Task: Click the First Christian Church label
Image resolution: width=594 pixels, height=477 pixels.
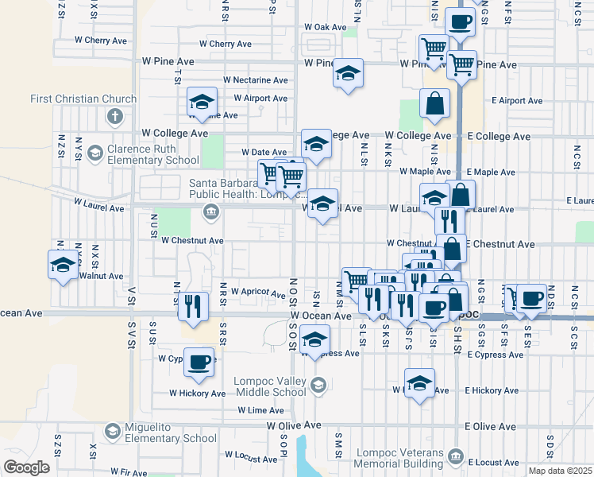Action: click(x=83, y=99)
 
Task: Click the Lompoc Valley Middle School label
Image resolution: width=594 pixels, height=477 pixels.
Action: click(x=270, y=386)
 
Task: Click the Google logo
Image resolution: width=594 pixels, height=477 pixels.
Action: click(x=26, y=467)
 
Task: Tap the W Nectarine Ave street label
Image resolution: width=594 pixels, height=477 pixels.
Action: click(x=255, y=80)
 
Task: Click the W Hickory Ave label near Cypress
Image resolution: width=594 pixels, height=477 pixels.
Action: click(x=197, y=393)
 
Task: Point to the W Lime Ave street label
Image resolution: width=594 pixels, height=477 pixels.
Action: click(x=260, y=410)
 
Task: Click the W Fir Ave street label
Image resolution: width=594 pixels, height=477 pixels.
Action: click(x=129, y=471)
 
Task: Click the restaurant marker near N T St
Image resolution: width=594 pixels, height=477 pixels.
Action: click(x=192, y=305)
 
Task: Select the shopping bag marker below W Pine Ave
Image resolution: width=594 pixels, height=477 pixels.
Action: click(x=434, y=103)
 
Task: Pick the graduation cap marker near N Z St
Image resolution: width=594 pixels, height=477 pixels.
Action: click(x=63, y=265)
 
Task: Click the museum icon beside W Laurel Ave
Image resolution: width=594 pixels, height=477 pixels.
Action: click(x=211, y=211)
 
